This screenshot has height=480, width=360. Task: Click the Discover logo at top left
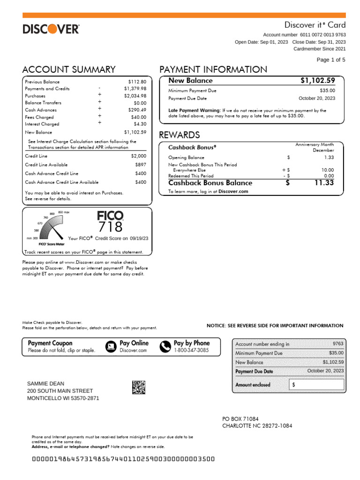coord(51,30)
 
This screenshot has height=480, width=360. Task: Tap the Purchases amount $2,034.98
coord(135,96)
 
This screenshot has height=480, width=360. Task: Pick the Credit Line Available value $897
coord(141,165)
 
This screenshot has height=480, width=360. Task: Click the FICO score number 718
coord(110,227)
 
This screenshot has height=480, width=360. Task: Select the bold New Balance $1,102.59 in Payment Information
coord(318,81)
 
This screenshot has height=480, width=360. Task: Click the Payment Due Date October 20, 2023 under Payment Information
coord(317,98)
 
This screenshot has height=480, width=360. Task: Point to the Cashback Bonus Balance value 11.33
coord(324,183)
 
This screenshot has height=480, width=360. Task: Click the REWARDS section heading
coord(180,135)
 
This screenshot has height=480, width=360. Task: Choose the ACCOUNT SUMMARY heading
coord(69,70)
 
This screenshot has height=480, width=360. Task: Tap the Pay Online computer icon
coord(111,346)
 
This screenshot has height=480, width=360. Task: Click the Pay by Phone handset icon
coord(165,346)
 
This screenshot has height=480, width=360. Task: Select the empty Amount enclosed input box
coord(316,385)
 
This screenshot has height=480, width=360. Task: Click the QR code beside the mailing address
coord(138,388)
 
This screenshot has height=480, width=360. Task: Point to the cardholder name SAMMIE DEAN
coord(46,383)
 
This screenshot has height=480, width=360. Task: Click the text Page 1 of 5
coord(331,60)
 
